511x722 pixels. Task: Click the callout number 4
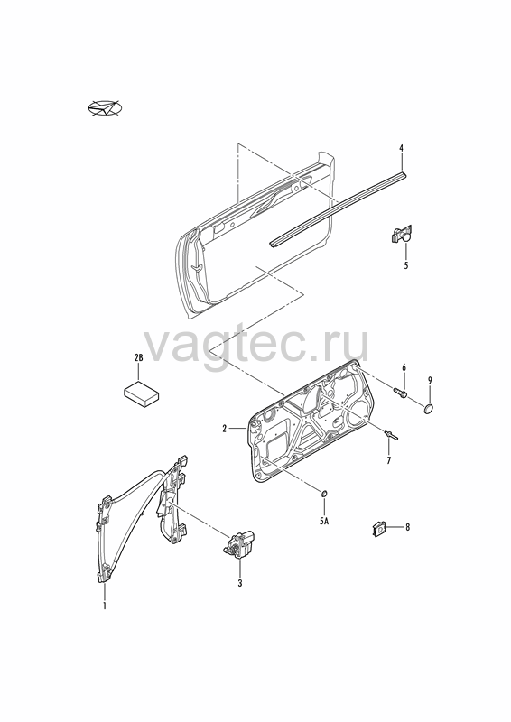401,148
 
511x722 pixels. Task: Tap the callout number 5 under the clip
406,265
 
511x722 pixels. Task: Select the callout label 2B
138,357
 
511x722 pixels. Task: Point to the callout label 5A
324,522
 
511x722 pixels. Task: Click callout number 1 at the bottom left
105,605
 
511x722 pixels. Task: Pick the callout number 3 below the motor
239,583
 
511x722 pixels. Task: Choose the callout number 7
388,460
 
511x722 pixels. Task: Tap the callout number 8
407,527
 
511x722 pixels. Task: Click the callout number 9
430,380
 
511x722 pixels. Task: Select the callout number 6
404,367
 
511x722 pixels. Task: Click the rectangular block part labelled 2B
142,393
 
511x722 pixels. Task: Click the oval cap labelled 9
429,408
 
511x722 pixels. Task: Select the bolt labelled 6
400,393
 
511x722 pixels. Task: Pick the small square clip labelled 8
378,528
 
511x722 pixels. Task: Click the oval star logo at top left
106,108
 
